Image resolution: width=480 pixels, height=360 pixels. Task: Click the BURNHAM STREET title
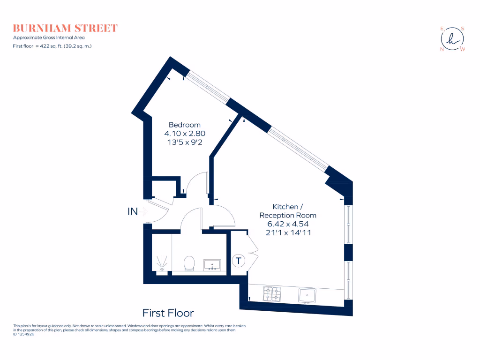click(x=65, y=28)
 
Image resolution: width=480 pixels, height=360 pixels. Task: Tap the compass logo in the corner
click(x=452, y=39)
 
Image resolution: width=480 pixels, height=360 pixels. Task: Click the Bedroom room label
click(x=185, y=125)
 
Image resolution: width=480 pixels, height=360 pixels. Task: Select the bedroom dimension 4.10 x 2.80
click(x=185, y=134)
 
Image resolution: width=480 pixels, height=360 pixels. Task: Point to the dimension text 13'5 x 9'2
click(x=185, y=142)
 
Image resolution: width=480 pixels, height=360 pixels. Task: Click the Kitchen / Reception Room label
click(x=288, y=211)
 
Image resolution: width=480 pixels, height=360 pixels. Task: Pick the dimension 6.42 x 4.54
click(x=288, y=224)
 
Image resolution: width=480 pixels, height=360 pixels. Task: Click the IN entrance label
click(x=133, y=211)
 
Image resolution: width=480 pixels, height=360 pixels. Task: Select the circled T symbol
click(x=239, y=261)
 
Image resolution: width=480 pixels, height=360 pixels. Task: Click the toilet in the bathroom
click(x=190, y=263)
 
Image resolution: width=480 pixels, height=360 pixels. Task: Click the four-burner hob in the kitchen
click(x=272, y=294)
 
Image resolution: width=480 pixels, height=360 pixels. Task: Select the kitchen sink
click(x=307, y=295)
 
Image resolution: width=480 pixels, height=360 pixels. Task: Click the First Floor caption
click(x=168, y=313)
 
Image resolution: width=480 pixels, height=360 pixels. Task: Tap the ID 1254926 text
click(x=24, y=334)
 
